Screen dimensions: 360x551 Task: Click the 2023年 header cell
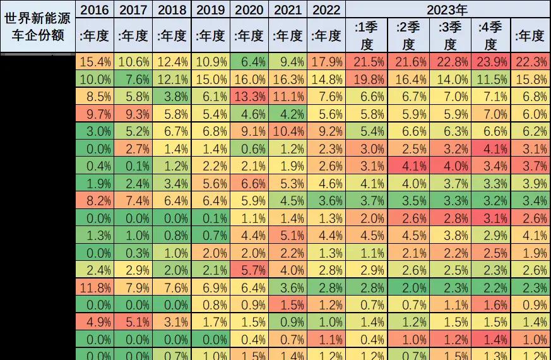447,9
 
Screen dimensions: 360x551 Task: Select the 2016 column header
95,9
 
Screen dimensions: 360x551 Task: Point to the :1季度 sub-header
367,35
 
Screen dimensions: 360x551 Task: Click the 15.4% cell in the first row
95,62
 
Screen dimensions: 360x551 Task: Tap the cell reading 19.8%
367,80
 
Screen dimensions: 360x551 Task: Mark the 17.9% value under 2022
326,62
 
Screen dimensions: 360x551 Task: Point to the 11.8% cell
95,288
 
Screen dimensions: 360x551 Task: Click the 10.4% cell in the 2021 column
288,131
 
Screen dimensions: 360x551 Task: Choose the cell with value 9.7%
95,114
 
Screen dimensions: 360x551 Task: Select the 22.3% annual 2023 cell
530,62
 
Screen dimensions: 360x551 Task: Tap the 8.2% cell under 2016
95,201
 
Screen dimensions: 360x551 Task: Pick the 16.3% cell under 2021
288,80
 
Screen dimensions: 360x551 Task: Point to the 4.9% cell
95,323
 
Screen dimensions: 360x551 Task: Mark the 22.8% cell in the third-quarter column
449,62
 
